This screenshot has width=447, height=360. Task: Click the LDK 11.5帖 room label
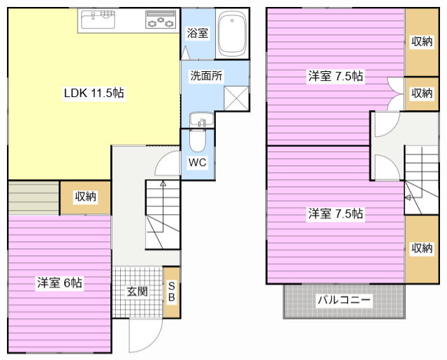[x=94, y=93]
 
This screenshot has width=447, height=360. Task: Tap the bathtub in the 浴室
[x=232, y=35]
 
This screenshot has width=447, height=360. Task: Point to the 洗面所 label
[x=206, y=75]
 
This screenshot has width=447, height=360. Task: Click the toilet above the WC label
[x=197, y=142]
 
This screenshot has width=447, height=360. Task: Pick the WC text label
[x=197, y=163]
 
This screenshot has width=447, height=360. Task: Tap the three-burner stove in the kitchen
[x=161, y=22]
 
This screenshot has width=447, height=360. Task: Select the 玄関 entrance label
[x=137, y=292]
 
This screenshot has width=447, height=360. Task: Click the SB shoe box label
[x=172, y=291]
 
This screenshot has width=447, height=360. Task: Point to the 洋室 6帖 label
[x=60, y=283]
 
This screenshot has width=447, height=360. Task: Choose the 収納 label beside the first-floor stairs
[x=85, y=197]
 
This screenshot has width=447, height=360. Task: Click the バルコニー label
[x=344, y=301]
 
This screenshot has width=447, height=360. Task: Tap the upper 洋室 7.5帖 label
[x=335, y=76]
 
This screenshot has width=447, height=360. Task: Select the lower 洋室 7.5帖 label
[x=335, y=213]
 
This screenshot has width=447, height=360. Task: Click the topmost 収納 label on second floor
[x=422, y=41]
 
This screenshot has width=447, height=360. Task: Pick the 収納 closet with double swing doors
[x=422, y=93]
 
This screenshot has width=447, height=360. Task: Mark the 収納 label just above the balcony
[x=422, y=248]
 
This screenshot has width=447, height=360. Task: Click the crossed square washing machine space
[x=236, y=97]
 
